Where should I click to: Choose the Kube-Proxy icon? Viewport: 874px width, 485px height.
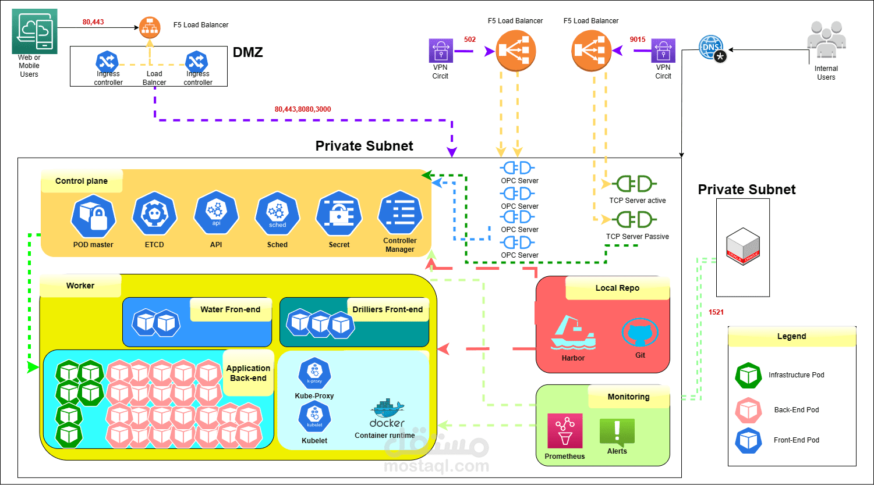[314, 375]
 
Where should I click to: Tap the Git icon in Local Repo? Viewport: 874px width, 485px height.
[641, 333]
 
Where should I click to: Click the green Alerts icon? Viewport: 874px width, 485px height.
[617, 431]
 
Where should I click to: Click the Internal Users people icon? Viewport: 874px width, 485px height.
[826, 41]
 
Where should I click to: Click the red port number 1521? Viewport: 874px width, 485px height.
[716, 312]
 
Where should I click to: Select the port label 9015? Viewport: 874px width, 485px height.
[638, 40]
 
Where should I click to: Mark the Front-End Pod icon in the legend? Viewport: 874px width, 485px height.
[748, 440]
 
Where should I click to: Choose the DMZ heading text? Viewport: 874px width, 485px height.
[248, 52]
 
